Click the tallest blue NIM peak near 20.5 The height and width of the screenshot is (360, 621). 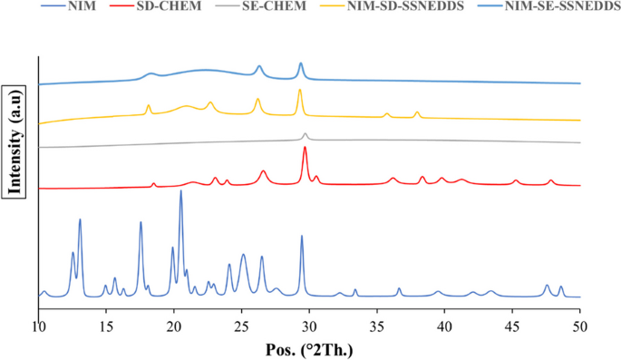tap(180, 191)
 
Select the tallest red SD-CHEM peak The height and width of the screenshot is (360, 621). tap(305, 149)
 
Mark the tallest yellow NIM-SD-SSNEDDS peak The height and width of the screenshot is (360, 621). tap(299, 91)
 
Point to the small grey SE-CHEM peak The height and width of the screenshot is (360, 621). tap(305, 134)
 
